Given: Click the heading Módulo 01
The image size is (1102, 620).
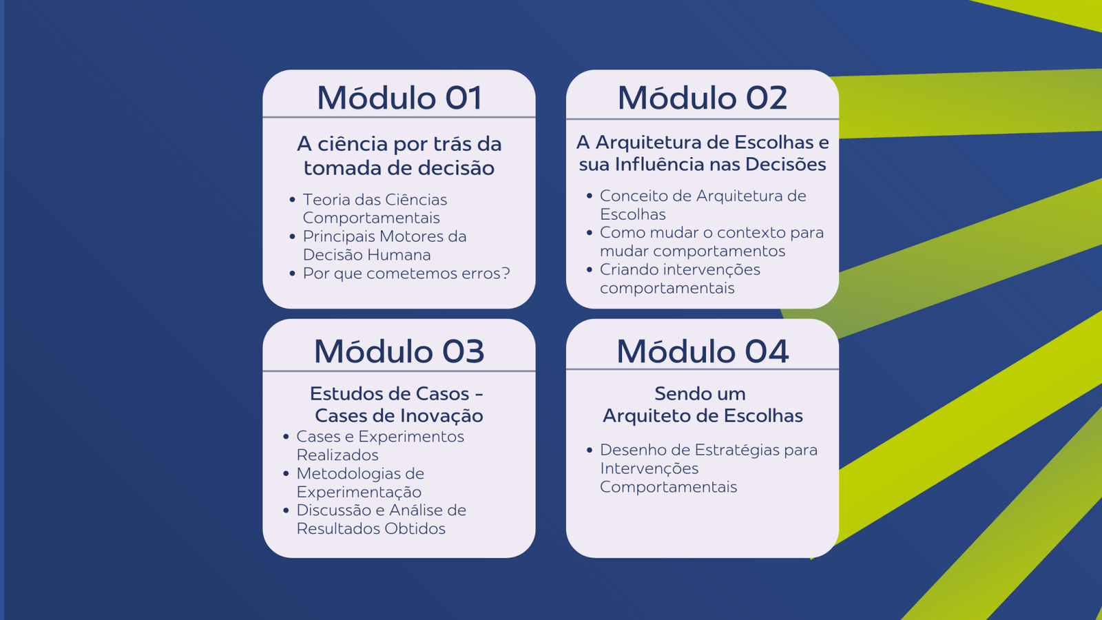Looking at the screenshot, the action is tap(399, 97).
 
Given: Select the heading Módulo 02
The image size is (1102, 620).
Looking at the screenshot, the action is tap(703, 97).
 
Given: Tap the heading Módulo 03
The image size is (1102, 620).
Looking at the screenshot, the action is tap(399, 351).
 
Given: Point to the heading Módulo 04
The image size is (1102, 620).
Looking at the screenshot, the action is tap(703, 351).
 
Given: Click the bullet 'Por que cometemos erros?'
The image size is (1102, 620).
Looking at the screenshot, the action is tap(406, 273).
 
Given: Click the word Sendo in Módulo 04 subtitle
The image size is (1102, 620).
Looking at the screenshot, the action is tap(676, 394).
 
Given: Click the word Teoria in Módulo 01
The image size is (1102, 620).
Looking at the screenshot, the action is tap(326, 200).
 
